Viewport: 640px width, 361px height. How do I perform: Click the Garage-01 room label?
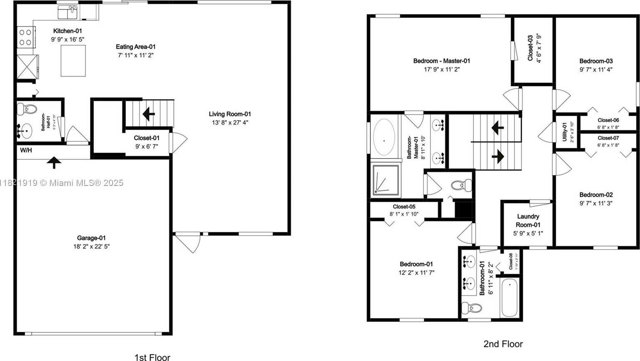[x=91, y=238]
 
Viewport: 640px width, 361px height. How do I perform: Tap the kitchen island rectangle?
[x=73, y=60]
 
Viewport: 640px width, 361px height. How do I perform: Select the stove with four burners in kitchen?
[x=25, y=37]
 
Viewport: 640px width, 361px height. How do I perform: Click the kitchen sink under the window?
[x=68, y=13]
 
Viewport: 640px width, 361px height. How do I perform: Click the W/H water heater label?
[x=26, y=150]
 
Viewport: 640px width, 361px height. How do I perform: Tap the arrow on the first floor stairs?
[x=148, y=113]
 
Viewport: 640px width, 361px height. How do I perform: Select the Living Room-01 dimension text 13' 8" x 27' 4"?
[x=230, y=123]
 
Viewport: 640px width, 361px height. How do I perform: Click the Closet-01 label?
[x=147, y=138]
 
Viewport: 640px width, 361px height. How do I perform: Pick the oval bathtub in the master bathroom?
[x=384, y=138]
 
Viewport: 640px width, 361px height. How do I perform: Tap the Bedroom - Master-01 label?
[x=442, y=61]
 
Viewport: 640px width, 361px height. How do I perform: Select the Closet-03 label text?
[x=530, y=48]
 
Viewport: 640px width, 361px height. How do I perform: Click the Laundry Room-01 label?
[x=528, y=221]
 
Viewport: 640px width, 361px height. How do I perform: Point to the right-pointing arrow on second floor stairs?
[x=497, y=157]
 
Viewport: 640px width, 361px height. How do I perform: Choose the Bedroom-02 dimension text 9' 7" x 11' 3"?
[x=596, y=203]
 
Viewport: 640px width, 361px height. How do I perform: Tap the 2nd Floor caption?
[x=503, y=344]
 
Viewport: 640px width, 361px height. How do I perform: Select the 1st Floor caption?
[x=152, y=357]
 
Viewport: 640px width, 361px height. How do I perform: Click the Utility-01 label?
[x=564, y=132]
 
